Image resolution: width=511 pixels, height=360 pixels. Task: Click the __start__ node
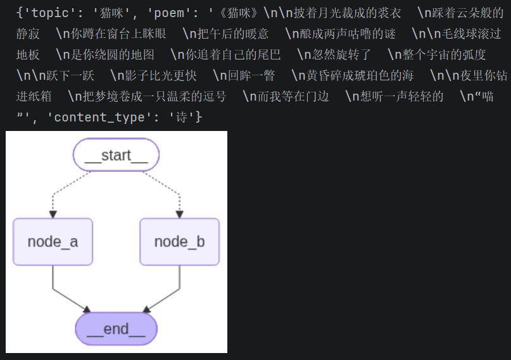[x=116, y=155]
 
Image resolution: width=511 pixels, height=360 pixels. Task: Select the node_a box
[x=53, y=242]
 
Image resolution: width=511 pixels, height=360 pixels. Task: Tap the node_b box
[x=180, y=242]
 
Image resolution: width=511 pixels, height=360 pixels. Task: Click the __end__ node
[x=117, y=329]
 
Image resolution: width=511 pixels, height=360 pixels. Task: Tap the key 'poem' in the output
[x=169, y=13]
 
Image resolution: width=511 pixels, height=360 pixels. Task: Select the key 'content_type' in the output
[x=99, y=117]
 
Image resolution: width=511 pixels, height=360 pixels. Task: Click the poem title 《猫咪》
[x=239, y=13]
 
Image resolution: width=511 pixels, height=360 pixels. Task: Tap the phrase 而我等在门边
[x=293, y=96]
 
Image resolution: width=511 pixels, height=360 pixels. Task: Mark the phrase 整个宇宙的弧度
[x=444, y=54]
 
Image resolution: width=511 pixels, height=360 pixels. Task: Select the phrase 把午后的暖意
[x=232, y=34]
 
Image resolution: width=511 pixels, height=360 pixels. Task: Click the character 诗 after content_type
[x=182, y=117]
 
